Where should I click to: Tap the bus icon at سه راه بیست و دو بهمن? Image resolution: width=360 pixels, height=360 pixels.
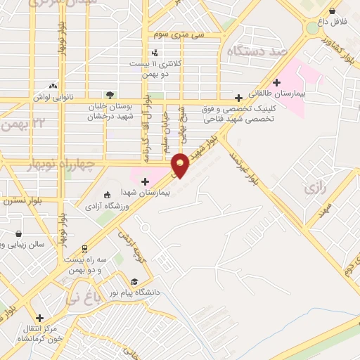pyautogui.click(x=84, y=248)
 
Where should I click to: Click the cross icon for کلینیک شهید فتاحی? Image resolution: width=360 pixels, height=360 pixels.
pyautogui.click(x=239, y=98)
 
